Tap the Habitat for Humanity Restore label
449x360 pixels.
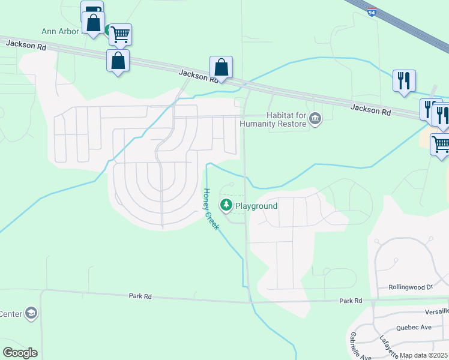[x=273, y=120]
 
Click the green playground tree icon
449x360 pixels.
[x=226, y=206]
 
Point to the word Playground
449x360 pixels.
[x=256, y=206]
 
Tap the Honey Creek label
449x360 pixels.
[x=211, y=209]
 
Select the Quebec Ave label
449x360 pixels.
[x=414, y=328]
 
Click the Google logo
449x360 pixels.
[x=20, y=353]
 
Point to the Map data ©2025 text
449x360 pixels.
[x=424, y=355]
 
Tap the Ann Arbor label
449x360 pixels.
[x=60, y=31]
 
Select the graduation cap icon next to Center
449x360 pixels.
[x=31, y=313]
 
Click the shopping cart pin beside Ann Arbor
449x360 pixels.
[x=121, y=34]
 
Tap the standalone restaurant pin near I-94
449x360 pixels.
[x=404, y=80]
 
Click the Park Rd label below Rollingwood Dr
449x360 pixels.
[x=351, y=301]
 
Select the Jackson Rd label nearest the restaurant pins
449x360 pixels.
[x=370, y=110]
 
